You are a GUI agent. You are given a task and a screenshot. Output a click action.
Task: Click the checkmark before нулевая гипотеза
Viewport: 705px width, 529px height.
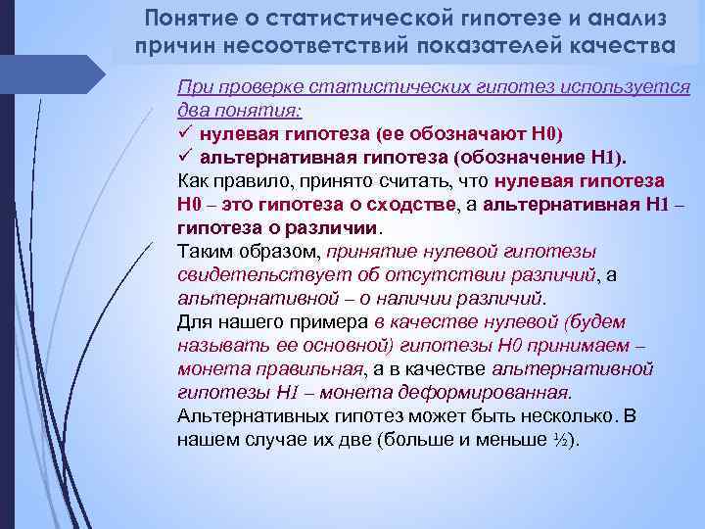click(x=186, y=133)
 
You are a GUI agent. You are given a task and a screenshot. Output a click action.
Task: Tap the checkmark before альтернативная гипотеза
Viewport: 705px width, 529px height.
click(x=186, y=157)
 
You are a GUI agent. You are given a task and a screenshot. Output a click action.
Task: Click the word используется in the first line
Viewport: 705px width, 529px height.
click(x=641, y=85)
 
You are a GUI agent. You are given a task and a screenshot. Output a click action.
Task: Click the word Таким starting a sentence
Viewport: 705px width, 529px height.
click(x=206, y=252)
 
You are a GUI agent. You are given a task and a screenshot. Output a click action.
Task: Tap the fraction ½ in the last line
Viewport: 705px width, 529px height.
click(x=559, y=440)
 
